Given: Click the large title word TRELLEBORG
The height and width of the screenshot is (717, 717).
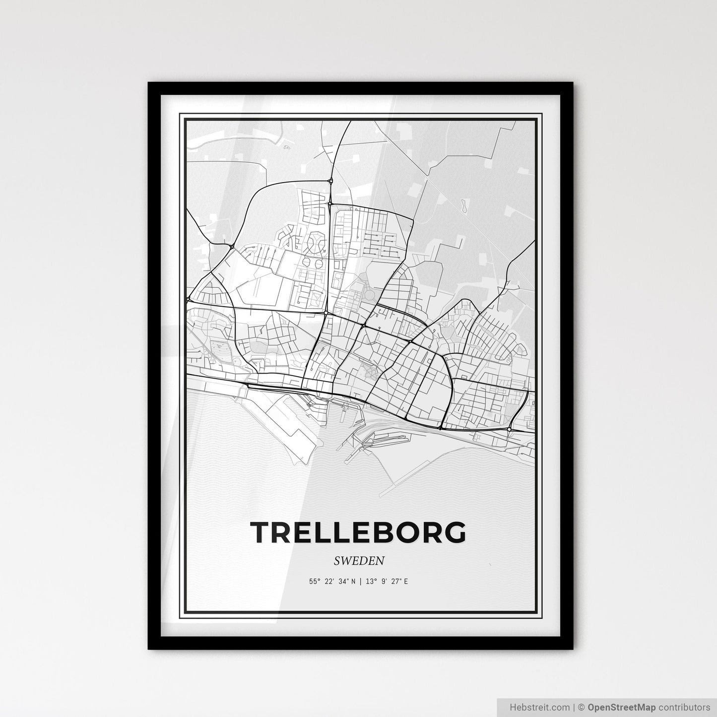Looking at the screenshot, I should (358, 531).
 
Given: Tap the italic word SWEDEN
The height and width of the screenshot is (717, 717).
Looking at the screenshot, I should (359, 561).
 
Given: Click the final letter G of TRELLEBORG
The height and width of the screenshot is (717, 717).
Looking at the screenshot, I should (454, 531).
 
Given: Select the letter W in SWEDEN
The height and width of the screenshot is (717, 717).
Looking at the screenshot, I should (346, 561).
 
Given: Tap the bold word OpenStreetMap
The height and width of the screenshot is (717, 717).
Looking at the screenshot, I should (621, 707).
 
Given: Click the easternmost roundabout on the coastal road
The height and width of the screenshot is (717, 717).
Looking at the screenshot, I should (510, 428).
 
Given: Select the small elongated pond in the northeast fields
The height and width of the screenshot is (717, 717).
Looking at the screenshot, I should (463, 206).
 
